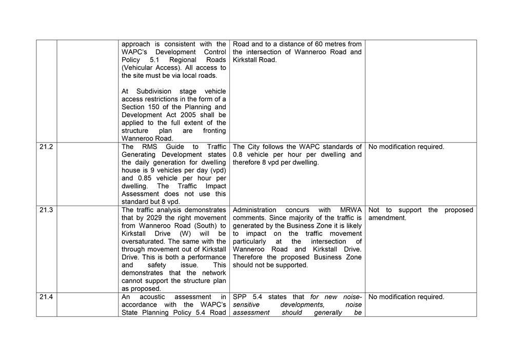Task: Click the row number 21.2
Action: (46, 147)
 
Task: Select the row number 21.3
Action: (46, 210)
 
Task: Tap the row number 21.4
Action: (46, 297)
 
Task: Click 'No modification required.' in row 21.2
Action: (406, 147)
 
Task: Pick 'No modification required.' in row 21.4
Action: (406, 297)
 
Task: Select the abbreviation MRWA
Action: (351, 210)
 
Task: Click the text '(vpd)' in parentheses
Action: (216, 170)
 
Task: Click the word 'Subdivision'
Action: (155, 91)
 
